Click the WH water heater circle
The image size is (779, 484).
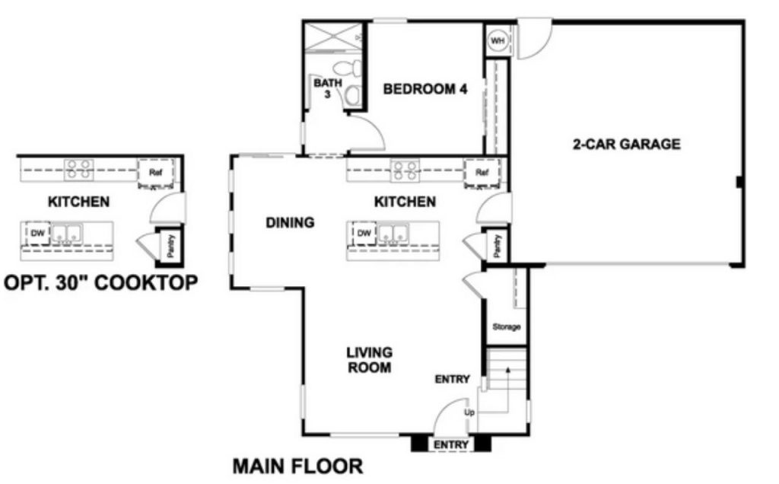(498, 41)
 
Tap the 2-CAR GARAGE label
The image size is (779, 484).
(627, 144)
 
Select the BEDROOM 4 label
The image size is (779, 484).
(425, 89)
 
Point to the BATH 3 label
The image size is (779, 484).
(327, 88)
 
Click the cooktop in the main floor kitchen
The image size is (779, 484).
(405, 170)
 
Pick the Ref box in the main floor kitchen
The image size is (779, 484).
(482, 173)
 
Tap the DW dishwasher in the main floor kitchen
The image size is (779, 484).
(364, 233)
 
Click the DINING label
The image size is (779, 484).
(290, 222)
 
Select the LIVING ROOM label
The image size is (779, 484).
(369, 360)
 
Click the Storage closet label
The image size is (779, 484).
(506, 326)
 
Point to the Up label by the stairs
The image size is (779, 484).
(469, 412)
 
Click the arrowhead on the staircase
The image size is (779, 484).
(507, 369)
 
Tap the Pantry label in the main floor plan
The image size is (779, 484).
(498, 246)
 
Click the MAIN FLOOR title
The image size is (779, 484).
(297, 466)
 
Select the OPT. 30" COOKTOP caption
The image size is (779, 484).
(101, 282)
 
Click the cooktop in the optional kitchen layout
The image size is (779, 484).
(78, 170)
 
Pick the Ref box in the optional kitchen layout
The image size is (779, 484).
(155, 173)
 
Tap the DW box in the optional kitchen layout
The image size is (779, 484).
(38, 233)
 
